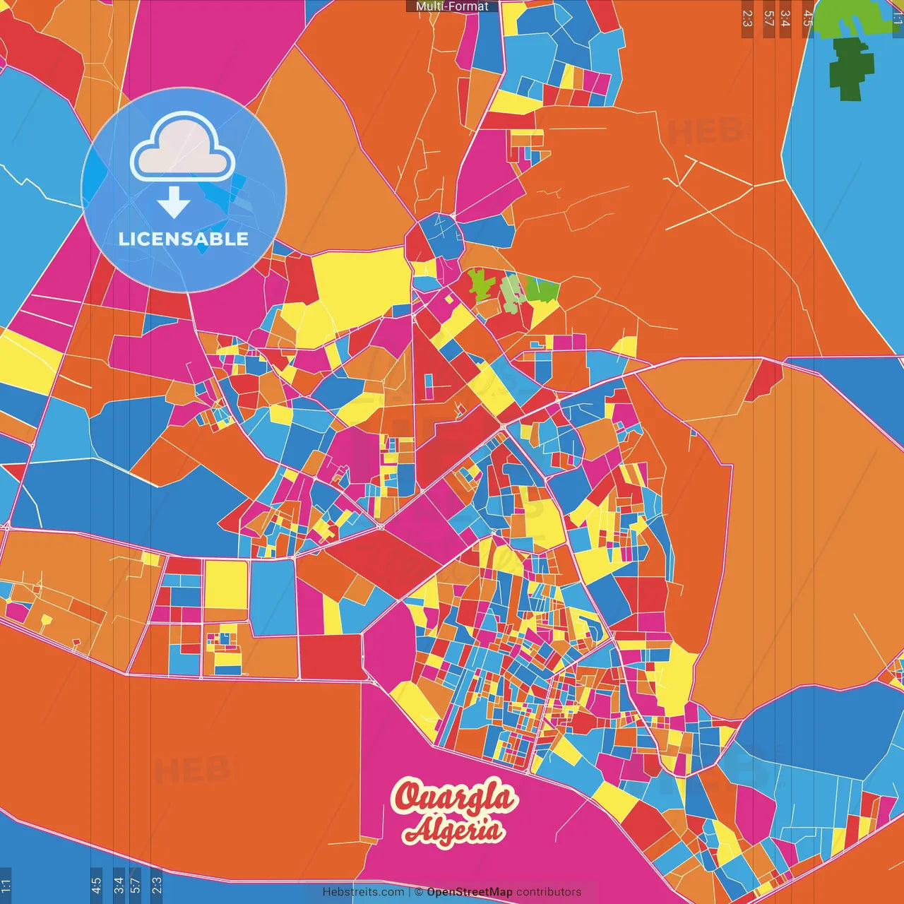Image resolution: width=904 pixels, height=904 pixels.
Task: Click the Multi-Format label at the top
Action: [x=452, y=6]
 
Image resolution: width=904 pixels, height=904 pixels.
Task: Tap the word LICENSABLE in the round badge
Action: [x=184, y=239]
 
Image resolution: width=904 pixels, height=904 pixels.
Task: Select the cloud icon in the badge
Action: [x=182, y=147]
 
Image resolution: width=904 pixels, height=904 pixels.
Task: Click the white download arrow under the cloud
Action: [x=174, y=203]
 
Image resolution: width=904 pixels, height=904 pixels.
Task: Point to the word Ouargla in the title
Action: [x=455, y=798]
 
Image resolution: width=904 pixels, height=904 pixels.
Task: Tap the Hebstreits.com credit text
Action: [x=363, y=892]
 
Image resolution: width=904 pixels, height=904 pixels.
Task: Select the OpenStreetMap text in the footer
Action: [x=469, y=892]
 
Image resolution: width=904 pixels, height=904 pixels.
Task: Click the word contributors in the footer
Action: [x=548, y=892]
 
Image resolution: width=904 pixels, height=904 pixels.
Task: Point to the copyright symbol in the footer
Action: [x=418, y=892]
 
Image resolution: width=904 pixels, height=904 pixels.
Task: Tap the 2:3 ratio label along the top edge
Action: [x=747, y=18]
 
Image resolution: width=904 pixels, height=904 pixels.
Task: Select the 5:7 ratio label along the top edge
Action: [x=769, y=18]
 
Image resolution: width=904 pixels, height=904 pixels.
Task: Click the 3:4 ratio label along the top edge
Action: [x=785, y=18]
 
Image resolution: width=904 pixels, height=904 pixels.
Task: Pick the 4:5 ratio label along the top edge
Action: [x=808, y=18]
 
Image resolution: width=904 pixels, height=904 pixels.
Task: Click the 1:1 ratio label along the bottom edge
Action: [x=6, y=885]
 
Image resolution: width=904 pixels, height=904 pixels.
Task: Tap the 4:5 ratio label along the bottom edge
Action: [x=96, y=885]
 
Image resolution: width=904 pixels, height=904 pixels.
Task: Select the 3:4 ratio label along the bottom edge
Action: [x=119, y=885]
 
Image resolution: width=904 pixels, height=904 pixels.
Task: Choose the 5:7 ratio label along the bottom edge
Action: [x=135, y=885]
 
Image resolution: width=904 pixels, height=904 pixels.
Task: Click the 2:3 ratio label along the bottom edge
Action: [x=157, y=885]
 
